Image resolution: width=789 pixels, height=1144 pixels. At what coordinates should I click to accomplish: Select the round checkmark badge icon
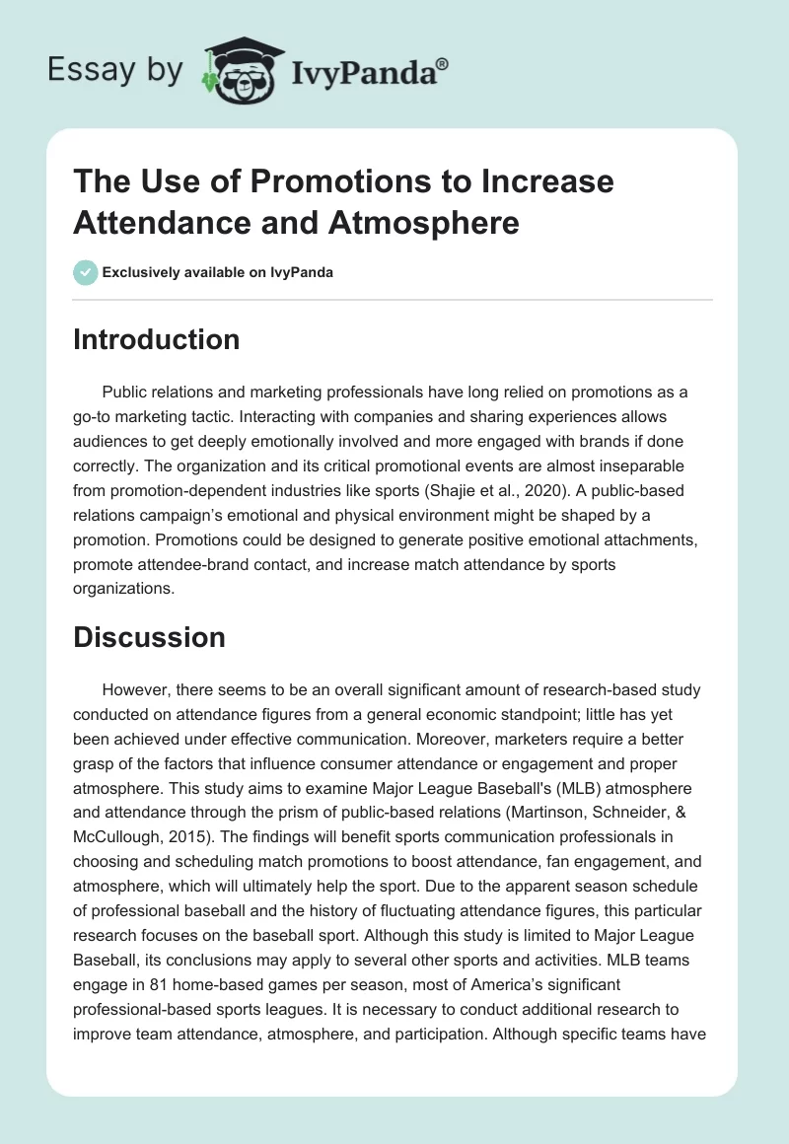click(85, 273)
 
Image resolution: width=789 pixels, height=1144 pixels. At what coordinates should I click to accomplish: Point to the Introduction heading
click(157, 339)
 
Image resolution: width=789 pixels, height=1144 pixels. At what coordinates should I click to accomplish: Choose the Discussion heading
click(150, 637)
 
